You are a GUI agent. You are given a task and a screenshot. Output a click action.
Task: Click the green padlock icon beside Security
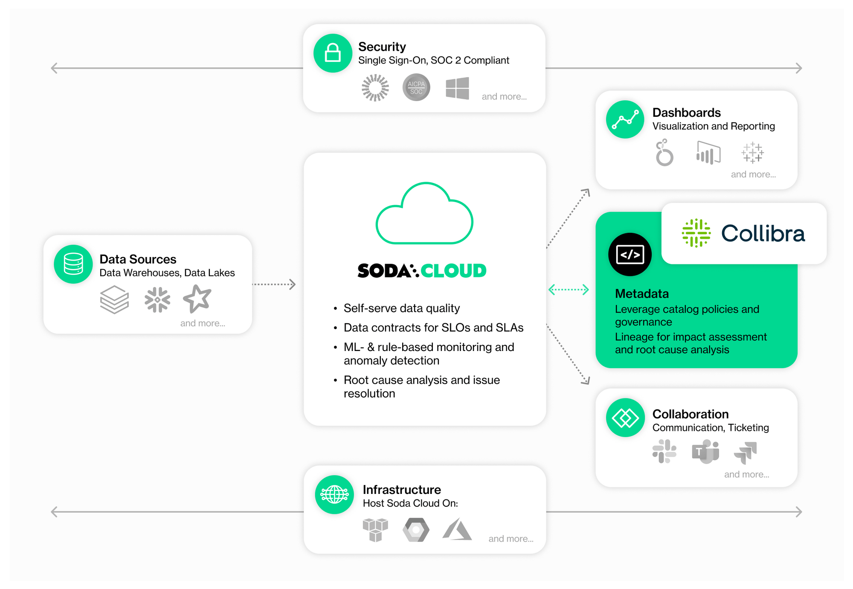tap(333, 53)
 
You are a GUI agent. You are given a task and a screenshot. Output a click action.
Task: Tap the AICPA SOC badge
tap(416, 87)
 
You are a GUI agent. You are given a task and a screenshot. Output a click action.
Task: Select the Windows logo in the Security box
tap(457, 88)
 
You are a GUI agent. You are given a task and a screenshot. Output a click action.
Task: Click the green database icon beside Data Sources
tap(73, 264)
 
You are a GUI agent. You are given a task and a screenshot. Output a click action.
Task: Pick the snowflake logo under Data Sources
tap(157, 299)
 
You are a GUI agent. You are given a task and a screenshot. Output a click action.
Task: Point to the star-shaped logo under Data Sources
tap(197, 299)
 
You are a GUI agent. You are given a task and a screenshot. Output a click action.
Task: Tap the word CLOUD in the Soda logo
tap(453, 271)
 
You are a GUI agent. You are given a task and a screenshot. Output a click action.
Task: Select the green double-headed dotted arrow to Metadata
tap(569, 290)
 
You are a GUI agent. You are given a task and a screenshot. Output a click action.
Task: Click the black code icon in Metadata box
tap(630, 255)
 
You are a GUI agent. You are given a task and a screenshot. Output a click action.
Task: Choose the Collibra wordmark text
tap(763, 234)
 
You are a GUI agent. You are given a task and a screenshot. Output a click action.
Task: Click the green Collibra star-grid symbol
tap(696, 233)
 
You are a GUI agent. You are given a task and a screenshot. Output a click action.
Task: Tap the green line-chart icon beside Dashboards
tap(625, 119)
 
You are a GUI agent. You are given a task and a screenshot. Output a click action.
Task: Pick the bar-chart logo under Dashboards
tap(708, 153)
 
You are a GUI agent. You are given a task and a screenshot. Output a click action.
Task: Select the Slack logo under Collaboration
tap(664, 451)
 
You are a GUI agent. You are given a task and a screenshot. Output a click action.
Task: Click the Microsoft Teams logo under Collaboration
tap(706, 452)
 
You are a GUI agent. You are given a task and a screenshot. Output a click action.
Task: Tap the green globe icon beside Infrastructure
tap(334, 495)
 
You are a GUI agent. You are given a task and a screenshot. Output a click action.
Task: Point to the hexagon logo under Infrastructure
tap(416, 530)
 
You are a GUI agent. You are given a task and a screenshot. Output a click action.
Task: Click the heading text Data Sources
tap(138, 259)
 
